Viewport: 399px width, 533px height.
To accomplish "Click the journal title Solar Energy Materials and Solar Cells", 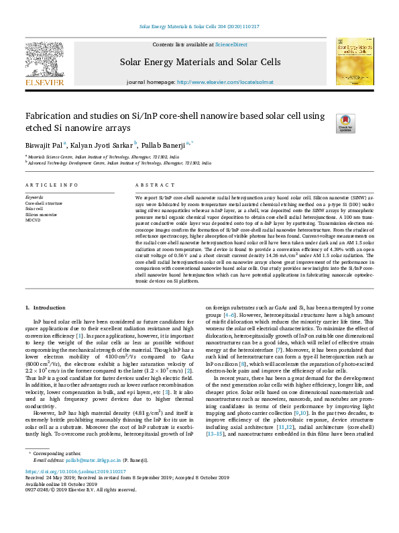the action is tap(200, 62).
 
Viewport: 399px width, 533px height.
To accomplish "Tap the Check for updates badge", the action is tap(345, 123).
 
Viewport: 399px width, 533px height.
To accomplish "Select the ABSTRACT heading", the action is tap(150, 185).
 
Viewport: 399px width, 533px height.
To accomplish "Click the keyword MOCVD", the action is tap(33, 220).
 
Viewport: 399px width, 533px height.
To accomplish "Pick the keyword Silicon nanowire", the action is tap(41, 214).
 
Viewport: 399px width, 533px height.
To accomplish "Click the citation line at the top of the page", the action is tap(199, 27).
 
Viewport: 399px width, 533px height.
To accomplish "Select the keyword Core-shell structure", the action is tap(44, 202).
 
